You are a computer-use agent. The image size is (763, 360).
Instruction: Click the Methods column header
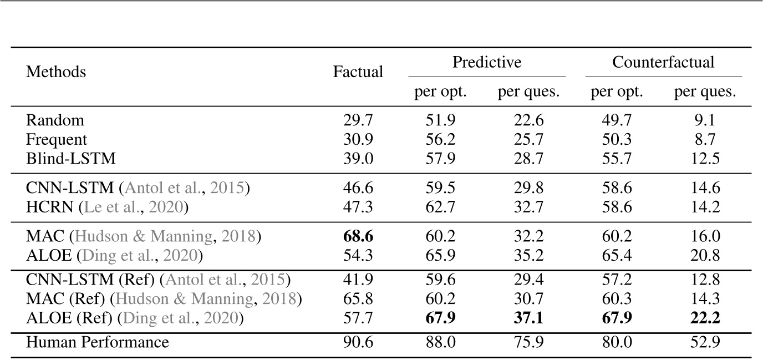pyautogui.click(x=56, y=72)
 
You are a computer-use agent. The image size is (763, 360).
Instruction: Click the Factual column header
pyautogui.click(x=358, y=72)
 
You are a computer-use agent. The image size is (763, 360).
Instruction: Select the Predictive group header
pyautogui.click(x=487, y=62)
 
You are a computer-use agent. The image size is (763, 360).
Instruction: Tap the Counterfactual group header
pyautogui.click(x=663, y=62)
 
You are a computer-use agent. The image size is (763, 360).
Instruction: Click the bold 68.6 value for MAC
pyautogui.click(x=358, y=237)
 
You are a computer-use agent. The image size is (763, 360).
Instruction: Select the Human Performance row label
pyautogui.click(x=97, y=342)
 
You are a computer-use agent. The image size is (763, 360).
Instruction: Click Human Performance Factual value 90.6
pyautogui.click(x=358, y=342)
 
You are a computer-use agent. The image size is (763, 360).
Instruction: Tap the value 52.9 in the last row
pyautogui.click(x=705, y=342)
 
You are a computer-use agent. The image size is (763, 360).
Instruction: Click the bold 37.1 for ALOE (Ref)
pyautogui.click(x=528, y=318)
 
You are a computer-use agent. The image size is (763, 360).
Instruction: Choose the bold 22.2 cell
pyautogui.click(x=705, y=318)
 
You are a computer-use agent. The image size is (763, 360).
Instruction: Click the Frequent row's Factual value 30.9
pyautogui.click(x=358, y=139)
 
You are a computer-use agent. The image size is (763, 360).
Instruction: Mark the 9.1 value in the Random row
pyautogui.click(x=705, y=120)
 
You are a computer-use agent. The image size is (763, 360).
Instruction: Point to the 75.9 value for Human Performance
pyautogui.click(x=528, y=342)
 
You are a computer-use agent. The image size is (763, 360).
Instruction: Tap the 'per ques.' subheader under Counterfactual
pyautogui.click(x=705, y=92)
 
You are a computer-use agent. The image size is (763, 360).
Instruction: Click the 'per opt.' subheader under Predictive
pyautogui.click(x=440, y=92)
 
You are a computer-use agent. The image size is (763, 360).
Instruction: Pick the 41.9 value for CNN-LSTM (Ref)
pyautogui.click(x=358, y=280)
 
